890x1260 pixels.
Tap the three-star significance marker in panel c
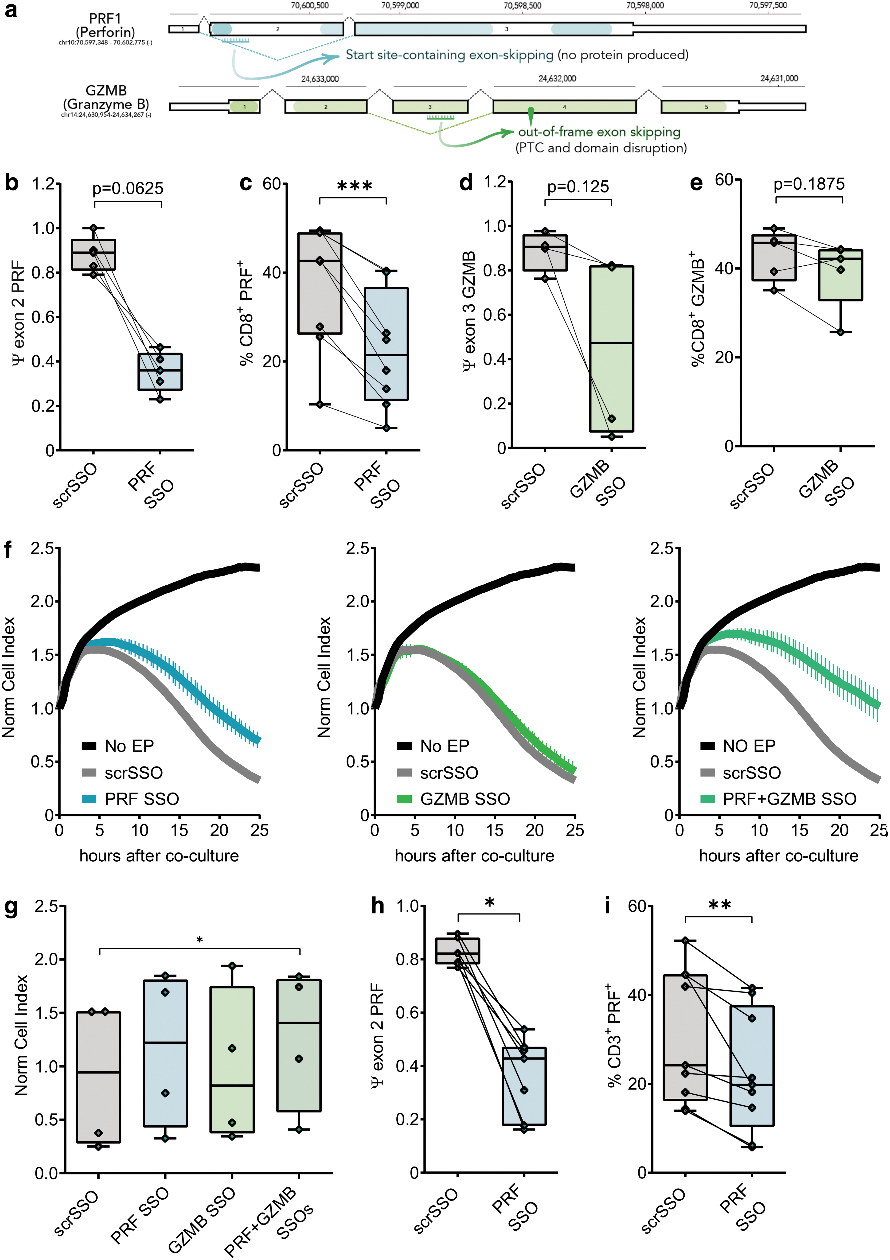(354, 186)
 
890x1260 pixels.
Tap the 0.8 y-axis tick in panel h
(407, 959)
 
